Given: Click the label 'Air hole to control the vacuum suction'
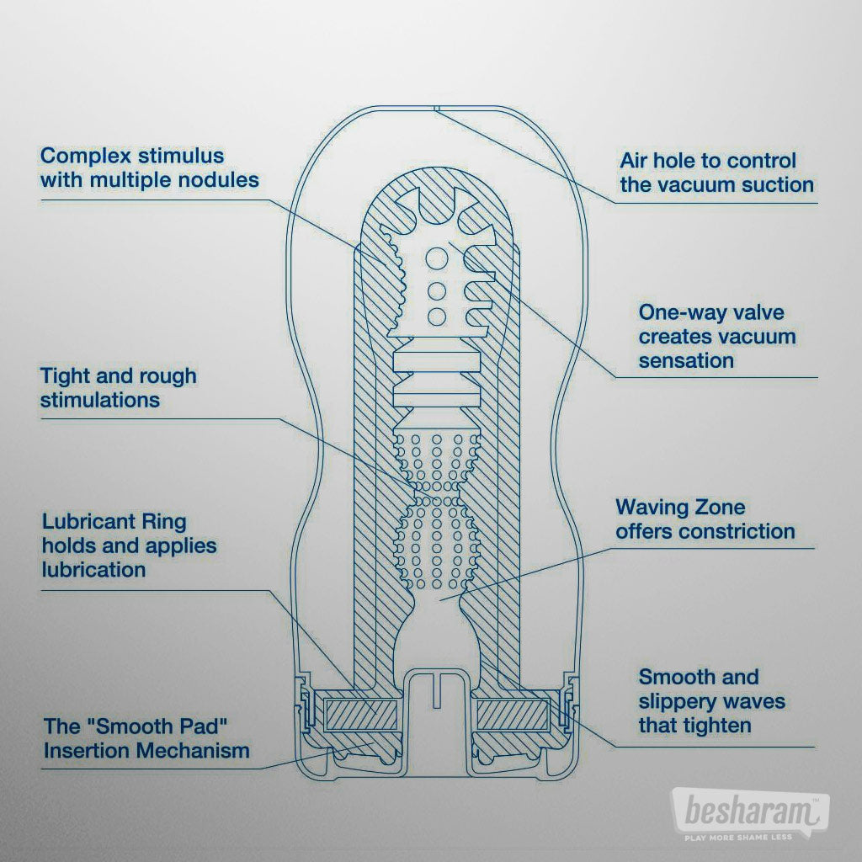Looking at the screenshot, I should point(716,173).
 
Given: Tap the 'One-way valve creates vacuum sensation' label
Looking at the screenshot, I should point(716,337).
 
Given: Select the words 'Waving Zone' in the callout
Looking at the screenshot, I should point(668,508).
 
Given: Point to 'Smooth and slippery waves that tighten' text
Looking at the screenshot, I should point(711,700).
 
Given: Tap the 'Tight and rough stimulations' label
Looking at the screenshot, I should point(118,387).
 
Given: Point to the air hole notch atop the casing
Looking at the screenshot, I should point(437,108).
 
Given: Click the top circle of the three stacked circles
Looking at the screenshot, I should point(437,258).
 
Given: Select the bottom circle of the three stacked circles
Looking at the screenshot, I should point(437,317).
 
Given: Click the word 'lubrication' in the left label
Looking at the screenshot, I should point(93,570).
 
